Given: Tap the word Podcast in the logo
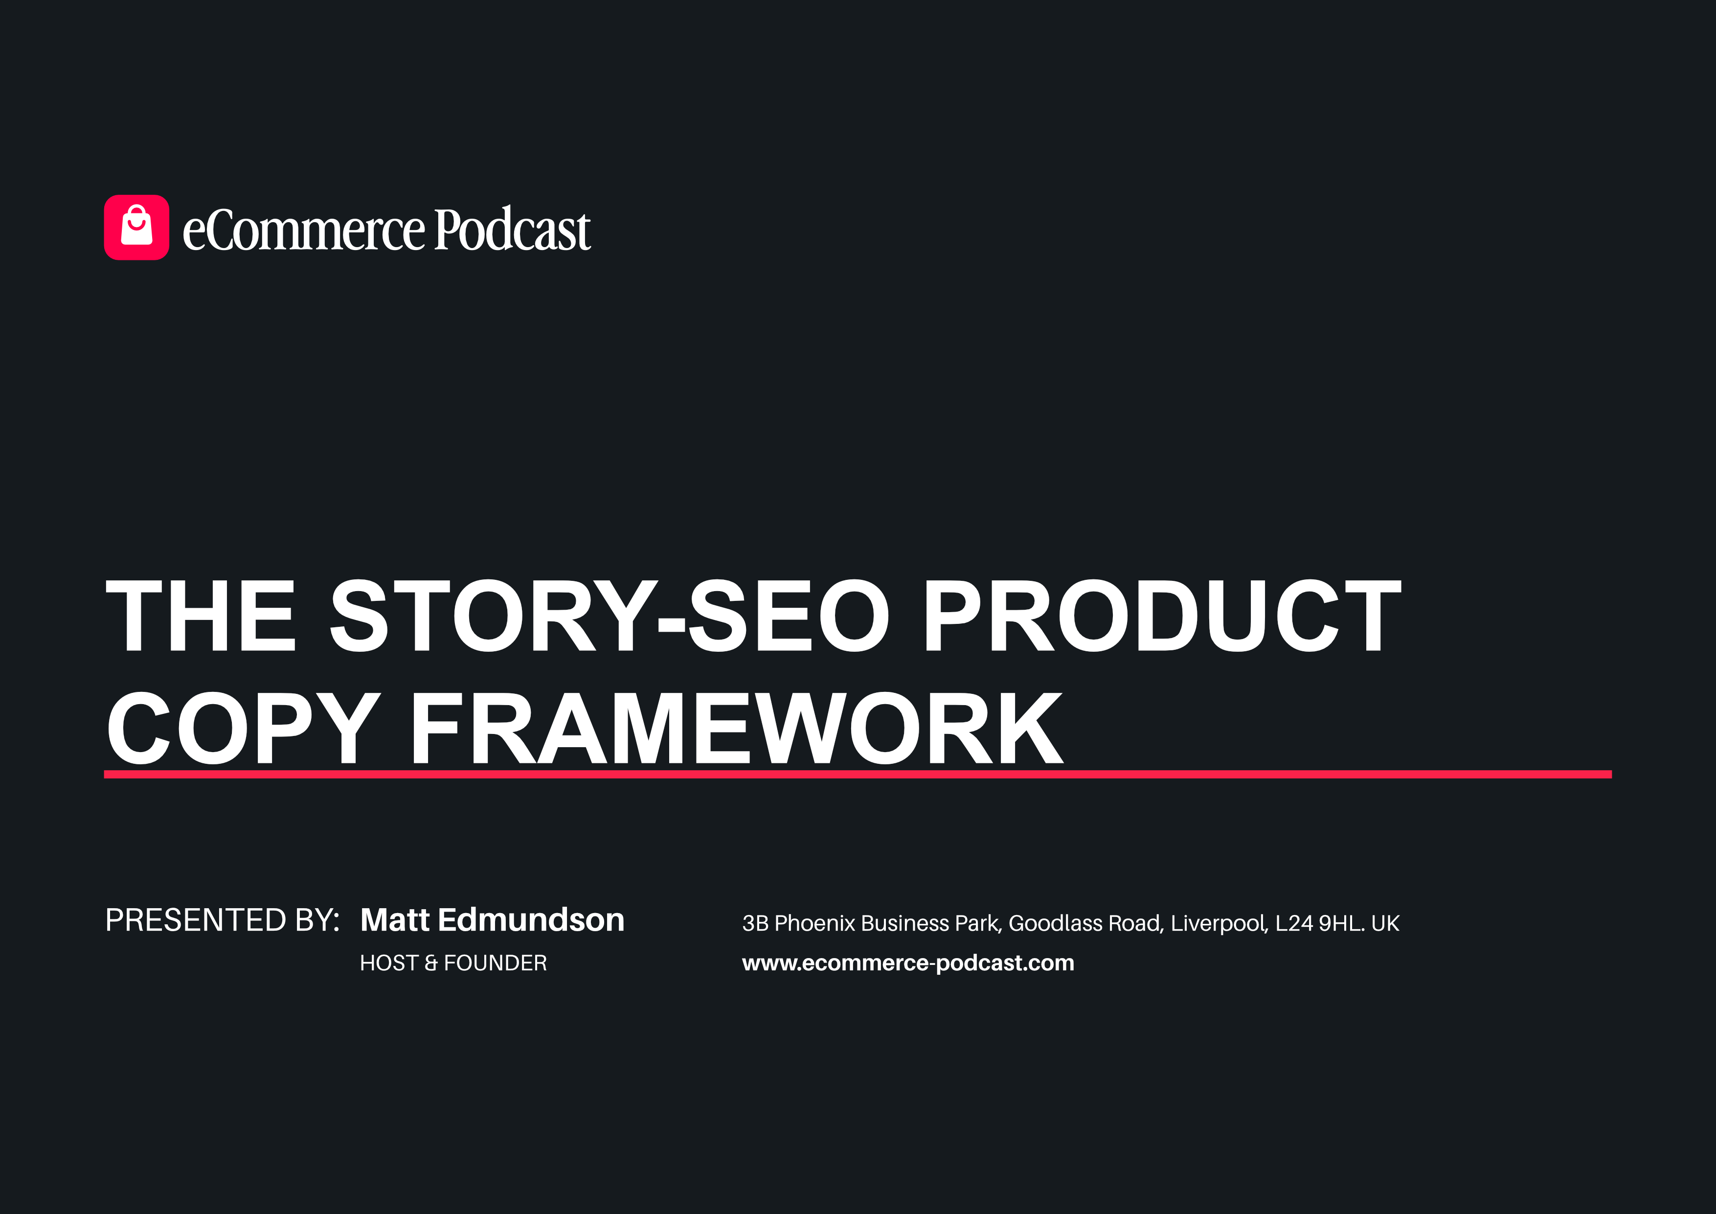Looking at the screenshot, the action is click(x=513, y=228).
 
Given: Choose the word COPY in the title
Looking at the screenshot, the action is click(x=244, y=727).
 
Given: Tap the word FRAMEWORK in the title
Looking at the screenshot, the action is click(x=737, y=727).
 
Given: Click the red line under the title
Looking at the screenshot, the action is click(x=858, y=774).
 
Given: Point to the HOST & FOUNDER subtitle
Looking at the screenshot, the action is click(x=453, y=963).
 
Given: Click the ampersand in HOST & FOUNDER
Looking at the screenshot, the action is click(x=431, y=963).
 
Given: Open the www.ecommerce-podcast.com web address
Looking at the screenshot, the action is click(x=908, y=963).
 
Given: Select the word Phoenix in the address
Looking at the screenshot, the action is click(x=814, y=923).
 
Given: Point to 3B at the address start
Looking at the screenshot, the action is click(x=756, y=923).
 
